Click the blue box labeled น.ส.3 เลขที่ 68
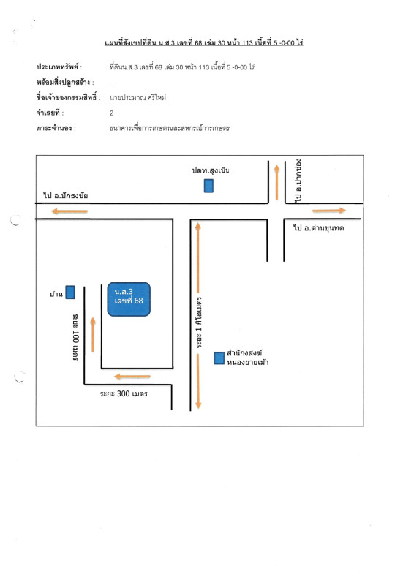pyautogui.click(x=129, y=299)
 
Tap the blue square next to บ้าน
pyautogui.click(x=70, y=292)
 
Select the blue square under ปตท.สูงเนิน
pyautogui.click(x=208, y=186)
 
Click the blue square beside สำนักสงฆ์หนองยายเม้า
pyautogui.click(x=219, y=358)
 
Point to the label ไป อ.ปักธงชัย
pyautogui.click(x=66, y=195)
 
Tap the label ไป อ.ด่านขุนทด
pyautogui.click(x=318, y=228)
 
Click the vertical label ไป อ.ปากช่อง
pyautogui.click(x=298, y=181)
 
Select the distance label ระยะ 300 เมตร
pyautogui.click(x=124, y=393)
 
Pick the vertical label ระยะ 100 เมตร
pyautogui.click(x=75, y=337)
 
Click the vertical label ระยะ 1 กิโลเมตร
pyautogui.click(x=200, y=322)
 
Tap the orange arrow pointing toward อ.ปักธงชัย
pyautogui.click(x=69, y=211)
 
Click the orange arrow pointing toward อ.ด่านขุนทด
pyautogui.click(x=329, y=211)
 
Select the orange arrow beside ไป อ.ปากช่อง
pyautogui.click(x=276, y=182)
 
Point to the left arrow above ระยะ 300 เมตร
pyautogui.click(x=132, y=377)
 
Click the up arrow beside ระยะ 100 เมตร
pyautogui.click(x=93, y=335)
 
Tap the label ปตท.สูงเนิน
pyautogui.click(x=211, y=171)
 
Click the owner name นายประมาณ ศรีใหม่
pyautogui.click(x=138, y=98)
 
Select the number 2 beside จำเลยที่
pyautogui.click(x=112, y=113)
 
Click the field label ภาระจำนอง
pyautogui.click(x=56, y=129)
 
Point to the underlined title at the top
pyautogui.click(x=204, y=42)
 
